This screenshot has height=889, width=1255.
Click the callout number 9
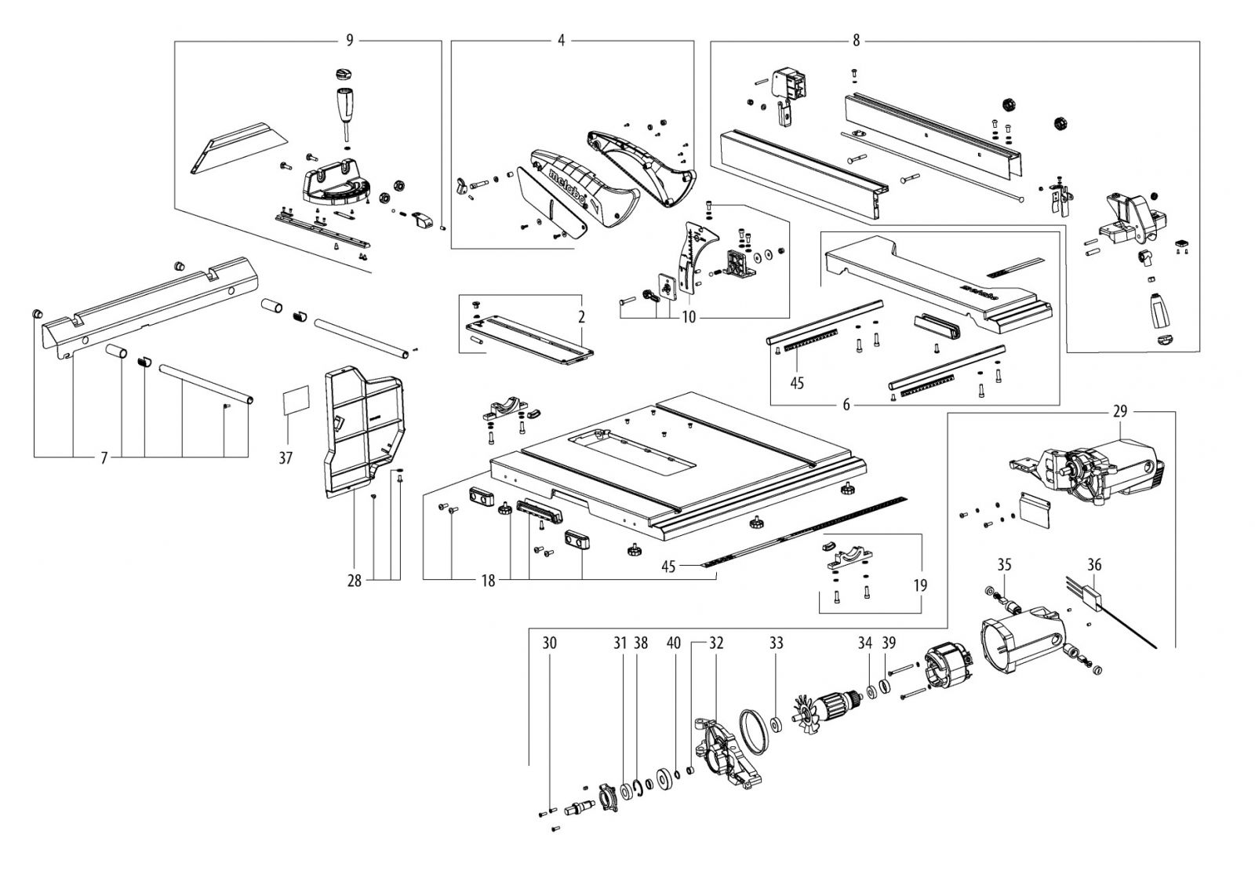coord(350,41)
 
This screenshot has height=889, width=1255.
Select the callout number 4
coord(561,41)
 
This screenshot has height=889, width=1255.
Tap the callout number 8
coord(856,41)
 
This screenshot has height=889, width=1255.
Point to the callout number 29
coord(1119,410)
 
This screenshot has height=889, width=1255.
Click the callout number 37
coord(286,457)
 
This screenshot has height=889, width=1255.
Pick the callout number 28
coord(355,581)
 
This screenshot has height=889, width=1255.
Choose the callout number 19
coord(920,585)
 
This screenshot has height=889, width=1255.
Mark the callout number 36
coord(1095,563)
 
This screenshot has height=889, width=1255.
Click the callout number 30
coord(549,643)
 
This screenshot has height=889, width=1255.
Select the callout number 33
coord(776,643)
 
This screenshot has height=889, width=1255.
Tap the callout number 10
coord(688,318)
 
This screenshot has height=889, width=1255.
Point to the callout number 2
coord(582,318)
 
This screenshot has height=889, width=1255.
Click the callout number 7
coord(104,457)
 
